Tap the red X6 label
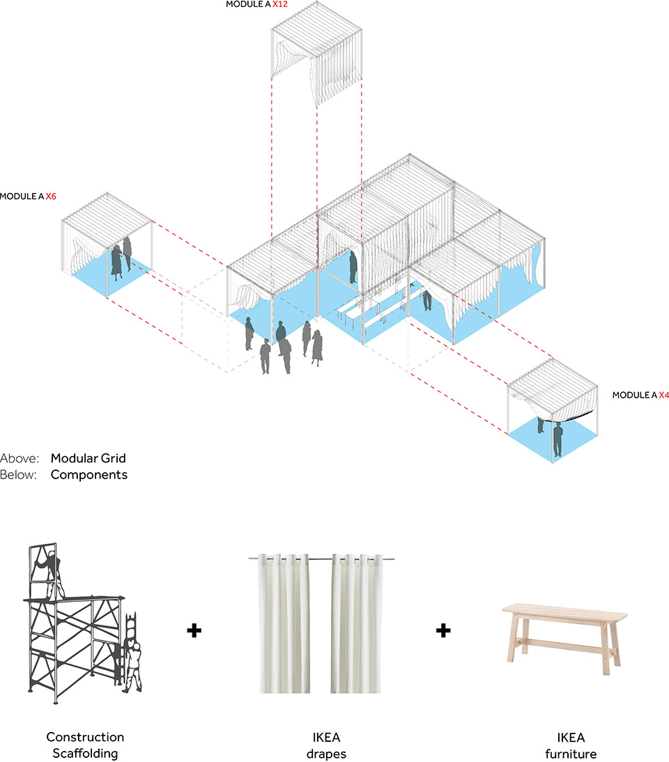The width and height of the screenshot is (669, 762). (x=51, y=196)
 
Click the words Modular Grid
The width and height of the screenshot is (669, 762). (x=88, y=458)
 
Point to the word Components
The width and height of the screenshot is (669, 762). (x=89, y=475)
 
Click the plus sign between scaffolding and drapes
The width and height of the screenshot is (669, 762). (x=194, y=631)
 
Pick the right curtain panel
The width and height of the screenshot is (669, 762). (x=358, y=623)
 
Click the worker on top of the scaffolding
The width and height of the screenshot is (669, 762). (x=49, y=572)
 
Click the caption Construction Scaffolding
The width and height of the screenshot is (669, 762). (x=85, y=745)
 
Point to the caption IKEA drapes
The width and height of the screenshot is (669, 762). (x=326, y=745)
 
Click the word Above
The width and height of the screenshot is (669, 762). (x=19, y=458)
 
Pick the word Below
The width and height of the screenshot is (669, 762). (x=19, y=475)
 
